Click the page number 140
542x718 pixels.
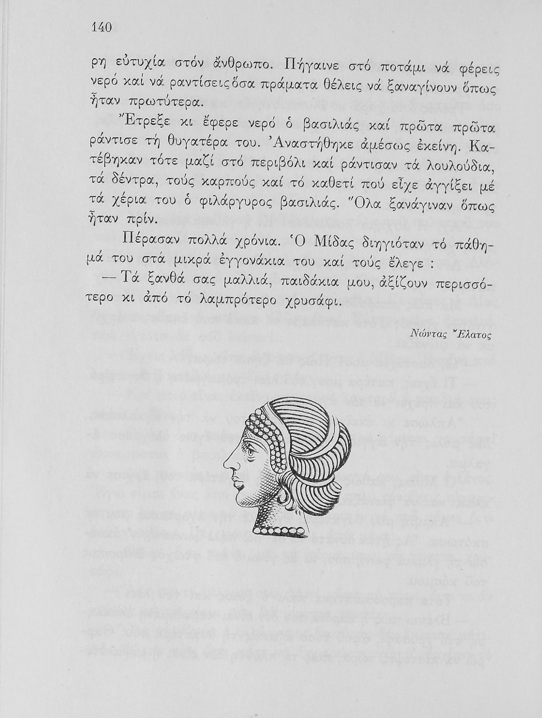tap(101, 27)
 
